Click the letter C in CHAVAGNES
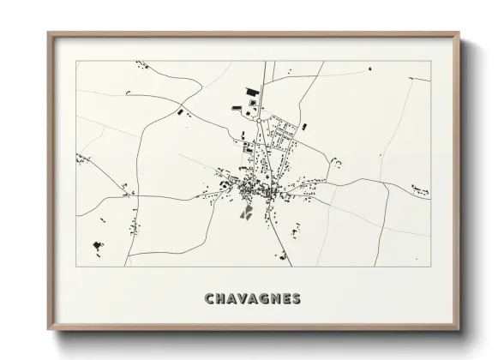210,299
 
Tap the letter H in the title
221,299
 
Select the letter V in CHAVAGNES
244,299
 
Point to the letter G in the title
267,299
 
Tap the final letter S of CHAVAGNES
297,299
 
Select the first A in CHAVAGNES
233,299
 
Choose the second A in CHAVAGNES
255,299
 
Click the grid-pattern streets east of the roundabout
283,133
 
